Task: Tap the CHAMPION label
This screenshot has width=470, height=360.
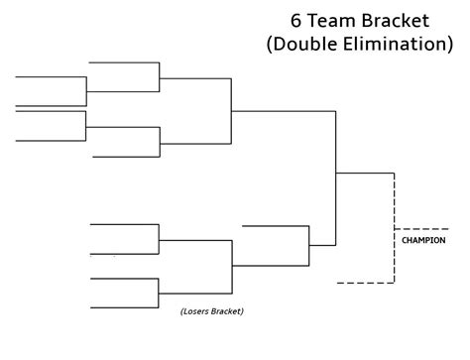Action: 423,240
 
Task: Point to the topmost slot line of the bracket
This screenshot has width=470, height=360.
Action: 124,62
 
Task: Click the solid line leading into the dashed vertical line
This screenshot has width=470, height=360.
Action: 365,174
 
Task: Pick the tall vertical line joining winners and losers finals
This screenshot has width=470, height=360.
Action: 336,174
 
